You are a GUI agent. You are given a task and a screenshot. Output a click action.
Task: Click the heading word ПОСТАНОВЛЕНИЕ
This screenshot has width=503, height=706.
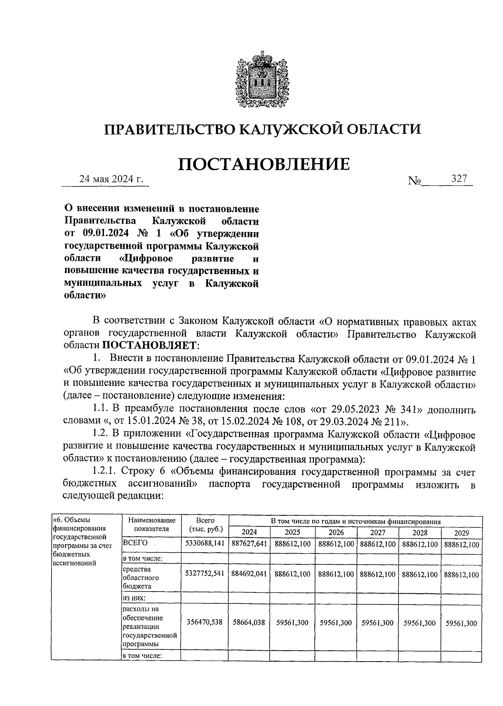pyautogui.click(x=264, y=164)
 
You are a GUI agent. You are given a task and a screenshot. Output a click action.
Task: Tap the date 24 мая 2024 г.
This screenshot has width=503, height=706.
pyautogui.click(x=111, y=179)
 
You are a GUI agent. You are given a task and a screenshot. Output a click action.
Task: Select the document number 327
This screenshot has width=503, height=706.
pyautogui.click(x=459, y=178)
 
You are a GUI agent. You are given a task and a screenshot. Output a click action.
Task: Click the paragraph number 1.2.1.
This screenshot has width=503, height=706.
pyautogui.click(x=104, y=472)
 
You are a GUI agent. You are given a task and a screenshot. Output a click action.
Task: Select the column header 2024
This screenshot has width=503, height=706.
pyautogui.click(x=249, y=533)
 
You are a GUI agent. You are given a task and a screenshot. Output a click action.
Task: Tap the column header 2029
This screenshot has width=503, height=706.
pyautogui.click(x=461, y=533)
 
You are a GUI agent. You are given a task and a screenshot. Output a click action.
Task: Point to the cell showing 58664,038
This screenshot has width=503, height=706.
pyautogui.click(x=249, y=623)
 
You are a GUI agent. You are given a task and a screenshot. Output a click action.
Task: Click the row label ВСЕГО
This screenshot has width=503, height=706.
pyautogui.click(x=135, y=543)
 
